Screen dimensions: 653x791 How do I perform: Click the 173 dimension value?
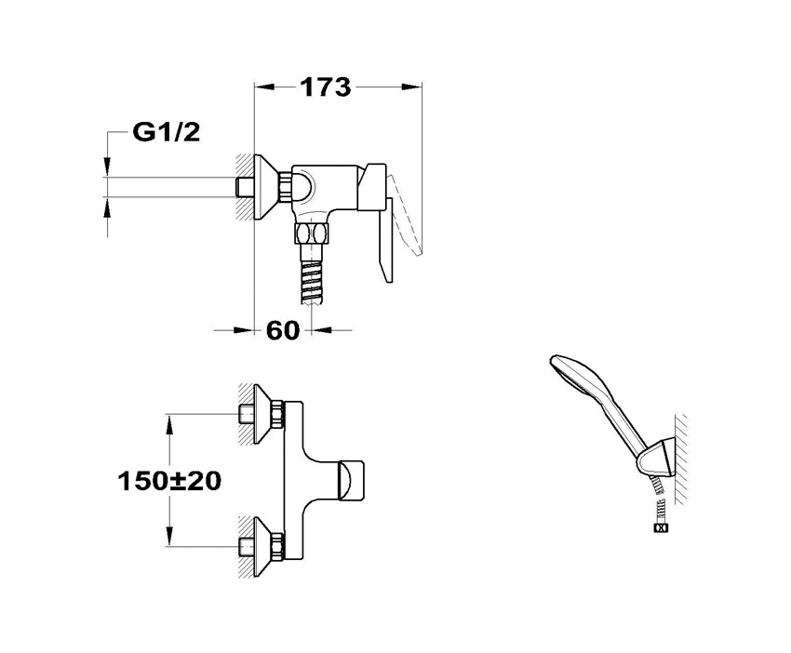(326, 87)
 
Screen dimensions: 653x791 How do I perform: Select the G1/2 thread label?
(166, 133)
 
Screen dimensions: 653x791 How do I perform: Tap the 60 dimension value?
(282, 329)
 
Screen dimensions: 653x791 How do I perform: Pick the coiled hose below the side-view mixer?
(310, 277)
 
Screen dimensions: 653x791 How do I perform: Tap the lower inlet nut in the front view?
(249, 544)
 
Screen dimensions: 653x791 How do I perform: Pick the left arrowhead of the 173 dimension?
(263, 87)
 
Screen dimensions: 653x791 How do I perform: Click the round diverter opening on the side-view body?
(304, 186)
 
